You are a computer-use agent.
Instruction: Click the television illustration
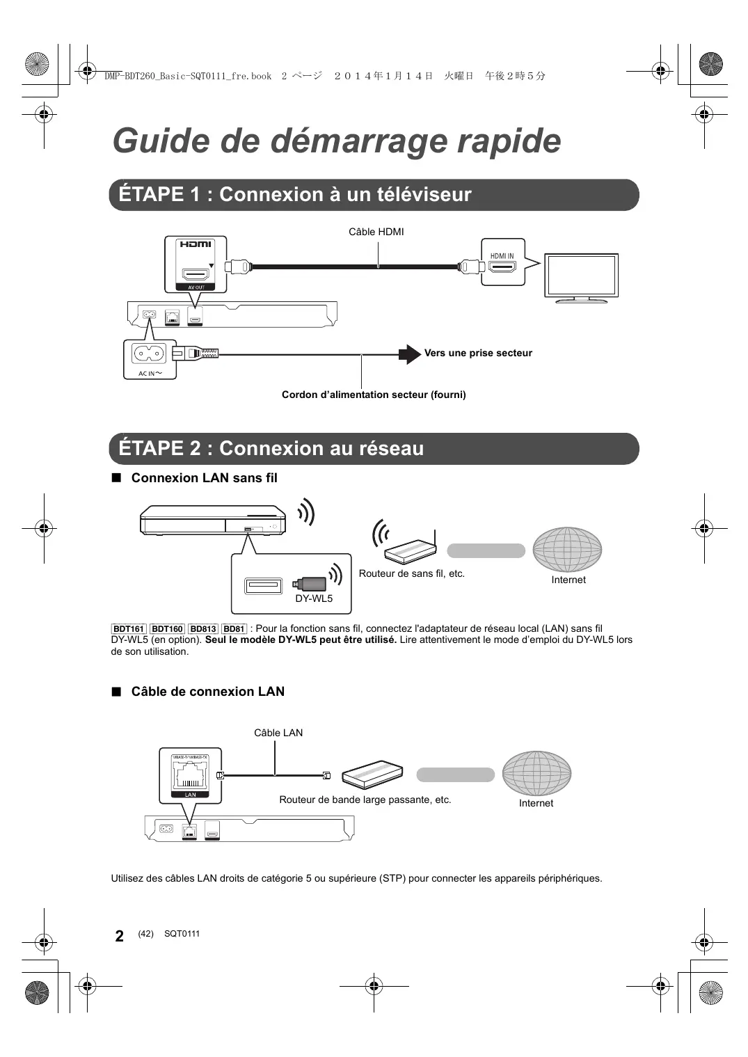(x=581, y=278)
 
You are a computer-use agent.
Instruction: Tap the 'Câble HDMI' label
(x=376, y=232)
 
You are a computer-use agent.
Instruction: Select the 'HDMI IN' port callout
(x=502, y=262)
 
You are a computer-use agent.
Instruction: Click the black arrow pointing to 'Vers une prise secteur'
(x=410, y=354)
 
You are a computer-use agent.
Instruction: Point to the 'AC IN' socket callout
(x=150, y=358)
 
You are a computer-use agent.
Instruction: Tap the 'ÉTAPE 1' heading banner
(x=374, y=195)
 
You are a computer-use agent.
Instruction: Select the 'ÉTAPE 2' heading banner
(x=374, y=449)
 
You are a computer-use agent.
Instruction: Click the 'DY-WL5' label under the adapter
(x=314, y=598)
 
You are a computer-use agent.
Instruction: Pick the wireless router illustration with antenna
(x=410, y=547)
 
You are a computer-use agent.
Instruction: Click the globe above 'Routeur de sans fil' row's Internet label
(x=567, y=549)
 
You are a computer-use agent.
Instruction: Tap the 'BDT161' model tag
(x=129, y=629)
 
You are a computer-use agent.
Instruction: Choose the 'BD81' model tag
(x=234, y=629)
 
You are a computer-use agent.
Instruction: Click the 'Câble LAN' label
(x=278, y=733)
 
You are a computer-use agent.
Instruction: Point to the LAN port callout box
(x=190, y=774)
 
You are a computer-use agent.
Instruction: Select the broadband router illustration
(x=373, y=774)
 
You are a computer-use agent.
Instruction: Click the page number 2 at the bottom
(x=120, y=936)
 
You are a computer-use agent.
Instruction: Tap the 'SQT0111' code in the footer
(x=182, y=934)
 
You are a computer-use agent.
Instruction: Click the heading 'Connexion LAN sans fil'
(x=204, y=478)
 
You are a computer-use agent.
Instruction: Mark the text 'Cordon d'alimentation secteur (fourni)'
(x=374, y=395)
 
